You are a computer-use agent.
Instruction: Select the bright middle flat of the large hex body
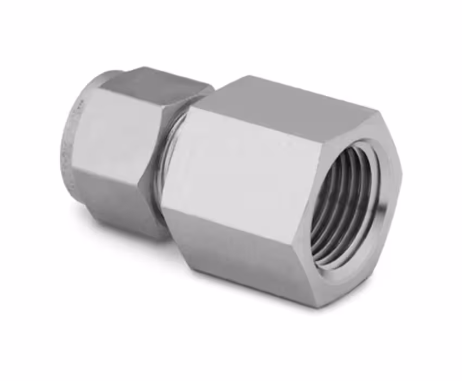[x=245, y=174]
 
